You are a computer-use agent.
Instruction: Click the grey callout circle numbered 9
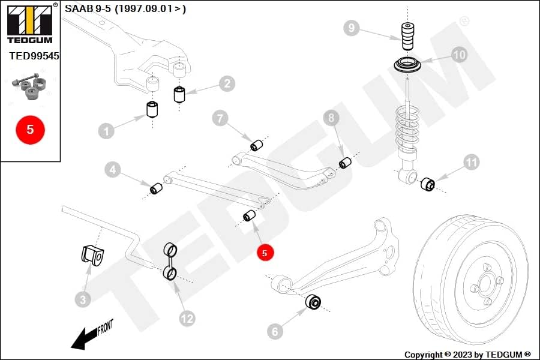coord(351,28)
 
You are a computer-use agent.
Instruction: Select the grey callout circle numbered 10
coord(459,55)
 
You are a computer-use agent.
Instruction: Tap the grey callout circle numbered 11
coord(472,162)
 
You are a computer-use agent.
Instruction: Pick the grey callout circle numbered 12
coord(187,319)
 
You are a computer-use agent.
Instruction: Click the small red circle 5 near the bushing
coord(265,253)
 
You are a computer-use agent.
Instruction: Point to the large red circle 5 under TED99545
coord(31,130)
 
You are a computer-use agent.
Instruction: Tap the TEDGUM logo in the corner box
coord(30,23)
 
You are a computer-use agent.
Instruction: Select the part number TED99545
coord(34,56)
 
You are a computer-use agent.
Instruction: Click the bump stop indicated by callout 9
coord(407,36)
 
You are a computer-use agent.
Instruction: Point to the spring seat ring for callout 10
coord(407,65)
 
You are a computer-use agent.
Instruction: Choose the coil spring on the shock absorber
coord(407,129)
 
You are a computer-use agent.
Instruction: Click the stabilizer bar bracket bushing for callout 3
coord(92,254)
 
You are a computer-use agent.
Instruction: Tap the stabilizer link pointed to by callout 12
coord(170,262)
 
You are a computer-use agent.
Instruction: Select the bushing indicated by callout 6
coord(313,301)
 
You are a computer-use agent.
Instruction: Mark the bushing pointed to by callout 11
coord(428,184)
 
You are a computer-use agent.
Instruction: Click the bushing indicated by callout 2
coord(179,95)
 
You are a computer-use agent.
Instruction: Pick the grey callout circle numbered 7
coord(220,119)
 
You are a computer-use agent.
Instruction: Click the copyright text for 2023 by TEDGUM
coord(467,355)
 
